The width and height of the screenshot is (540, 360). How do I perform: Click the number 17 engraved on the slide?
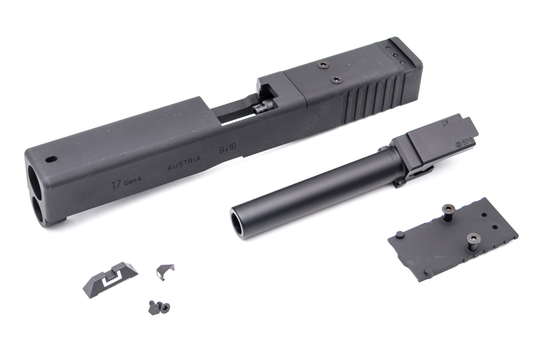pyautogui.click(x=114, y=184)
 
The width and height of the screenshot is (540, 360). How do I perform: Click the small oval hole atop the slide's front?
pyautogui.click(x=51, y=160)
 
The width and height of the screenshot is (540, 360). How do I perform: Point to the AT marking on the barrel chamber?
pyautogui.click(x=462, y=123)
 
